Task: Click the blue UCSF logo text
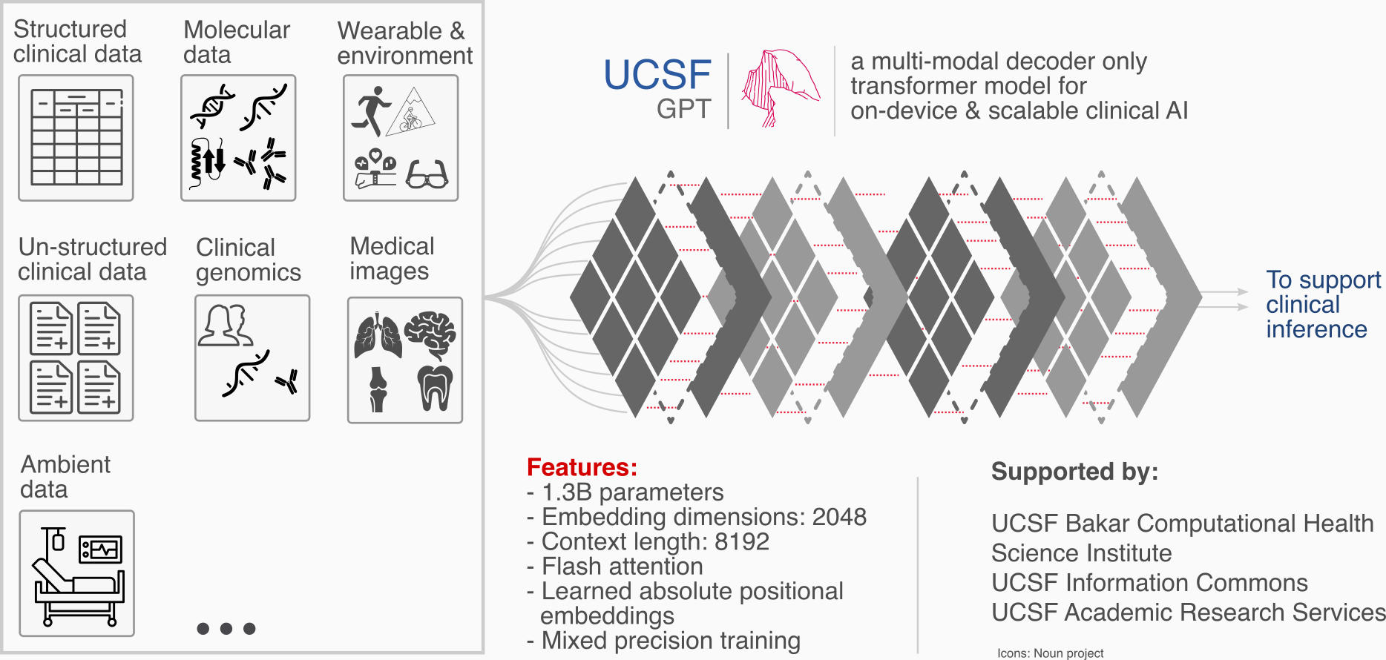[x=657, y=75]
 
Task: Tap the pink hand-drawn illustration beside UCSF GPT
[x=779, y=88]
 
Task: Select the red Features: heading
[x=582, y=467]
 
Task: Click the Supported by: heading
[x=1074, y=472]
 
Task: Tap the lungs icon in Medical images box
[x=378, y=336]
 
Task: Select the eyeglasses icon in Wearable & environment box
[x=427, y=175]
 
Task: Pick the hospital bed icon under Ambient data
[x=77, y=574]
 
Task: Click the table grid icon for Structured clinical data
[x=76, y=137]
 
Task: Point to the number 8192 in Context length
[x=741, y=542]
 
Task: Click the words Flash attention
[x=622, y=567]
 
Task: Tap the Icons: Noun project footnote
[x=1050, y=653]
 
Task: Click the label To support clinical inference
[x=1322, y=304]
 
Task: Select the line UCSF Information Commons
[x=1149, y=583]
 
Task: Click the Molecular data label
[x=236, y=42]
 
